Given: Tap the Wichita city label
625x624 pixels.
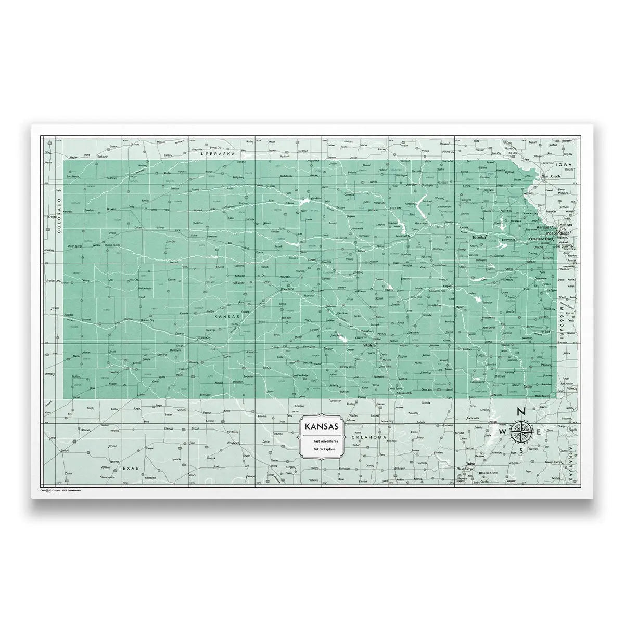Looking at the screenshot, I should (370, 344).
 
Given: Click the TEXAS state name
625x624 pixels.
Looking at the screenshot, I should (129, 468).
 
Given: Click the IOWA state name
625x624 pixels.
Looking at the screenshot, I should (563, 164).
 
